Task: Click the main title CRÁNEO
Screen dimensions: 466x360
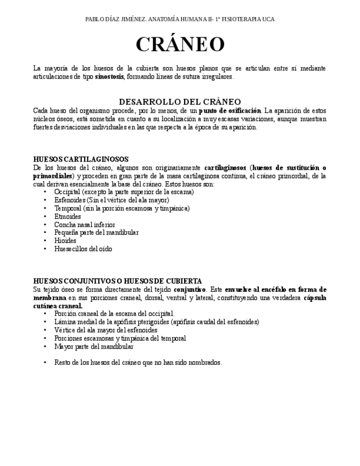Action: pos(180,45)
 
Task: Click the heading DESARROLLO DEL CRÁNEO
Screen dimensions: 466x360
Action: pos(180,102)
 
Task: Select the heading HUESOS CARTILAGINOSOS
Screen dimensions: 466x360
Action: pos(81,159)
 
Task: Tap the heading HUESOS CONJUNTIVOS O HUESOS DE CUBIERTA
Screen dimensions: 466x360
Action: pos(118,281)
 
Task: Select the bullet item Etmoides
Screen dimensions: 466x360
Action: pos(68,217)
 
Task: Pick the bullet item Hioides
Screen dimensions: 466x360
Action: pos(65,241)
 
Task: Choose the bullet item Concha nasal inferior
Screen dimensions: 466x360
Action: pos(85,225)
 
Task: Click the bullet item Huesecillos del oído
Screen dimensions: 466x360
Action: pos(83,249)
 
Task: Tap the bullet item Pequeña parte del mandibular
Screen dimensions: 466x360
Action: pos(96,232)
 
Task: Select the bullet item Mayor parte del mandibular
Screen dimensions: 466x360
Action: pos(94,347)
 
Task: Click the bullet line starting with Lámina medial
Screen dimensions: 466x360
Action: pos(156,322)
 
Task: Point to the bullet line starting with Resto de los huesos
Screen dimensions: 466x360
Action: pos(138,363)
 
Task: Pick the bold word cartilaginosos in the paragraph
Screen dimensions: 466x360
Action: pos(225,168)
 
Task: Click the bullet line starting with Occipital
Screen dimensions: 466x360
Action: pos(124,192)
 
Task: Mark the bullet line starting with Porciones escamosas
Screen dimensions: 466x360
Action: pos(120,339)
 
